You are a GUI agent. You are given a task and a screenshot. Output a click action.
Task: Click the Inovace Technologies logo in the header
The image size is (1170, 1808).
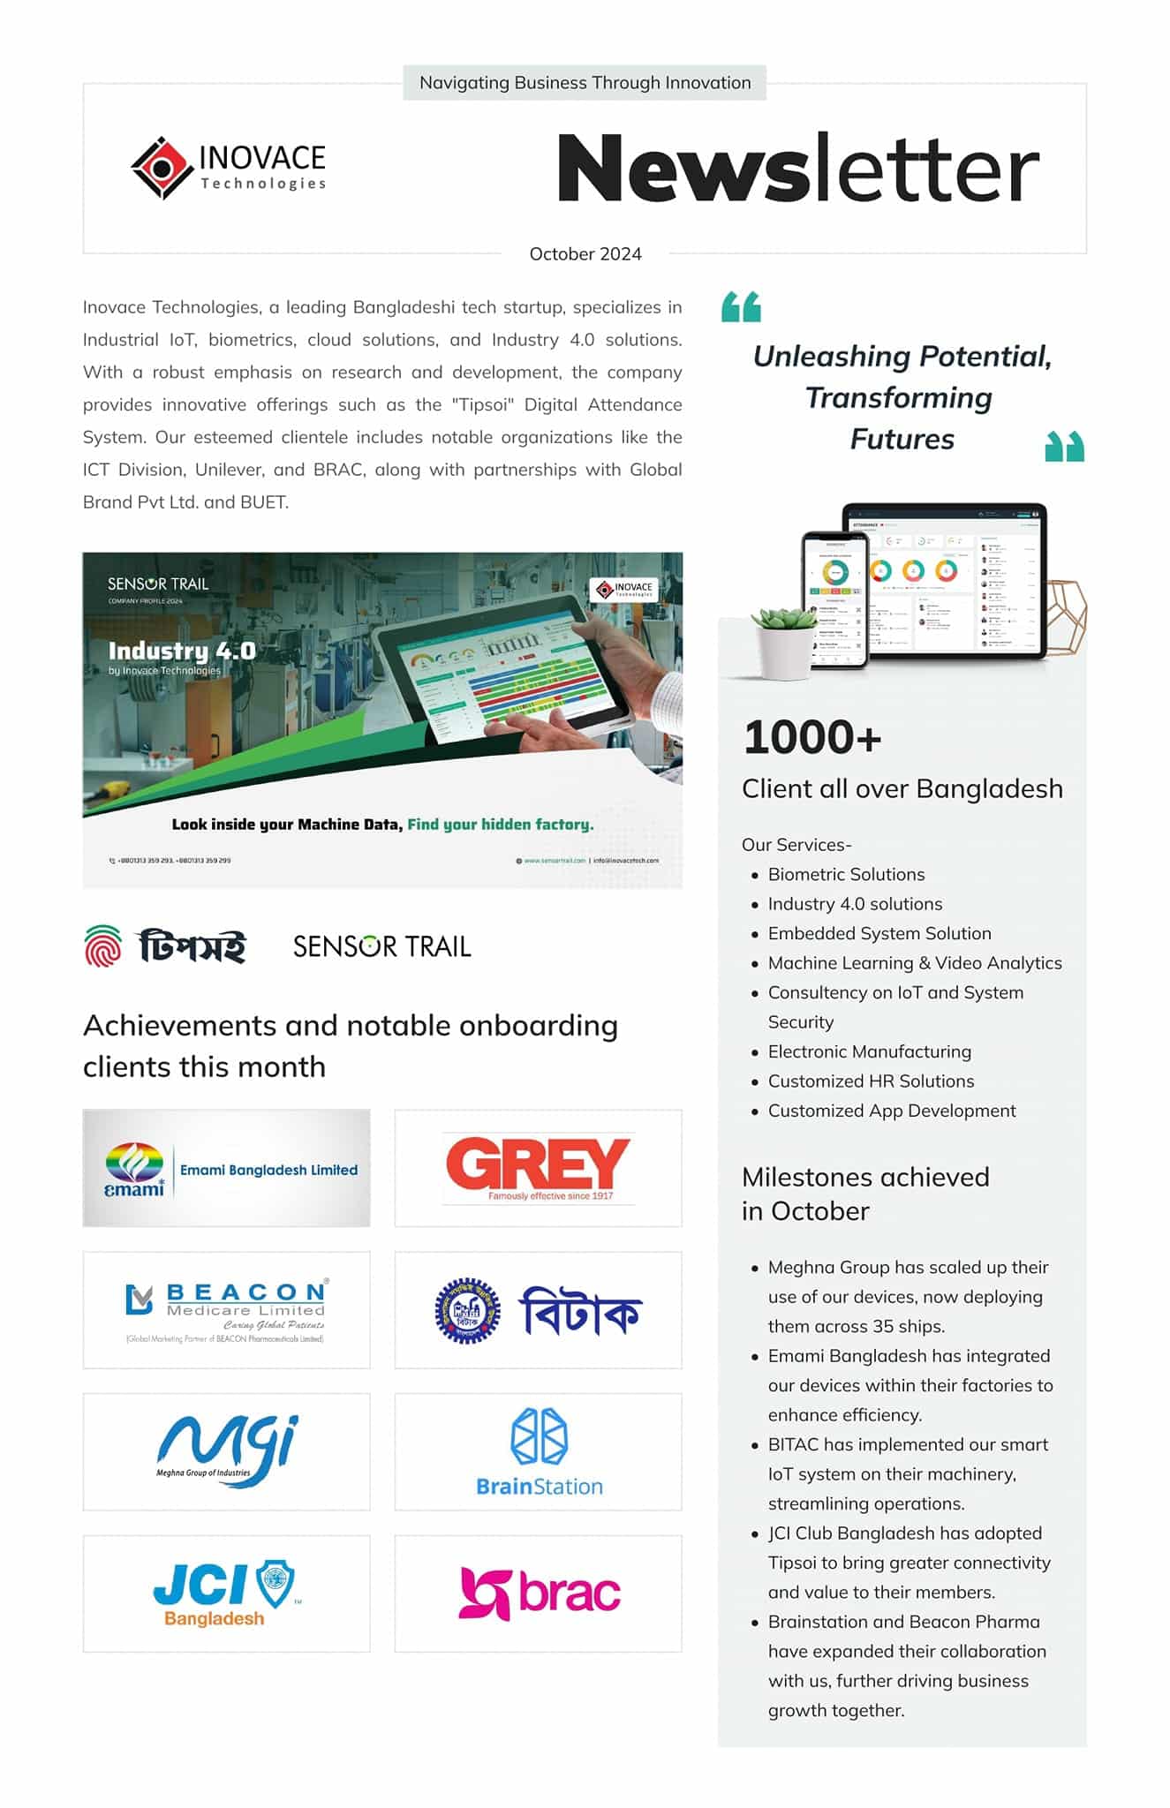point(228,168)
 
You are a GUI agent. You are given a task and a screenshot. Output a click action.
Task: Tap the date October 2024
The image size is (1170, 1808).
point(585,254)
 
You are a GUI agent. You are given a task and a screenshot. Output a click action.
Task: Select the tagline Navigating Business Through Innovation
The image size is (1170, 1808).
point(585,83)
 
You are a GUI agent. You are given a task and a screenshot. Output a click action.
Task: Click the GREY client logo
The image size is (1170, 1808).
point(538,1168)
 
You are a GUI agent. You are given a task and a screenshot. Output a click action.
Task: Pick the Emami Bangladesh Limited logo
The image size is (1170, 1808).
point(227,1168)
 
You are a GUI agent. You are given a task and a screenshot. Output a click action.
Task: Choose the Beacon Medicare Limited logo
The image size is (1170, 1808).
point(227,1310)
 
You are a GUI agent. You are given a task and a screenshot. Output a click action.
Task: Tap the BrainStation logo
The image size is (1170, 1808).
point(539,1452)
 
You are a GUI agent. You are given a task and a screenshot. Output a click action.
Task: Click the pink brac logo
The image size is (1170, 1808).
point(539,1593)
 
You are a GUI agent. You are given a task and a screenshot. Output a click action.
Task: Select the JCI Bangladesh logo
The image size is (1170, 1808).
point(227,1593)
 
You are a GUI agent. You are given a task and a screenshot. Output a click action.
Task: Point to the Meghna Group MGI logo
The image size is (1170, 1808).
point(227,1450)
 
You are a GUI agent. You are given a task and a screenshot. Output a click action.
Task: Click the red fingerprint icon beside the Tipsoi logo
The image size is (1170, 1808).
point(102,945)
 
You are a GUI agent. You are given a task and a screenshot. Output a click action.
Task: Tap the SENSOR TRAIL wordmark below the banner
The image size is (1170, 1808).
point(381,946)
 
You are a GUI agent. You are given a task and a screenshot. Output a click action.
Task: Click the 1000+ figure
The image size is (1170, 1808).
point(812,737)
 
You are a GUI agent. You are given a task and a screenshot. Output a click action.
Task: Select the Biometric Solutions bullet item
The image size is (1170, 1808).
point(846,874)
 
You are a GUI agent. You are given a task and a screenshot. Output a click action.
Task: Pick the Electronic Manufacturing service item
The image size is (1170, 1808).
point(869,1051)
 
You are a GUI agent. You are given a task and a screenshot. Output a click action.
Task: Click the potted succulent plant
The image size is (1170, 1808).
point(784,641)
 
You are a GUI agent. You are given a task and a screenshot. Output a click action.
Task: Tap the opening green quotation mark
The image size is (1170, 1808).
point(741,307)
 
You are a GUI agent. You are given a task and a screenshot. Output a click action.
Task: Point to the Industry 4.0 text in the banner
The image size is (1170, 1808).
point(182,651)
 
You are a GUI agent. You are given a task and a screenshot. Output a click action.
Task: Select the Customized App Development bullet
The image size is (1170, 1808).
point(891,1111)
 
